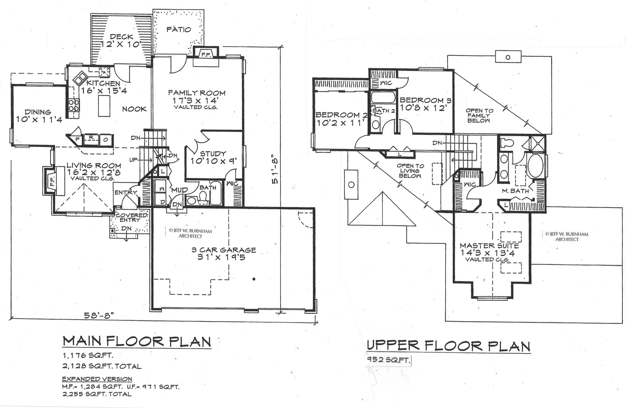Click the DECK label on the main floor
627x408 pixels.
[121, 37]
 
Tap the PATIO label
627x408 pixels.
[179, 30]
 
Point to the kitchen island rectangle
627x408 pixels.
[104, 106]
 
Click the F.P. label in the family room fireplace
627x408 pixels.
[205, 54]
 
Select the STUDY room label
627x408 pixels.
[213, 153]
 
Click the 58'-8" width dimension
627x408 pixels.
[99, 315]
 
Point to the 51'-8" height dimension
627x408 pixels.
[275, 169]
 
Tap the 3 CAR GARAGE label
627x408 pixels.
[224, 250]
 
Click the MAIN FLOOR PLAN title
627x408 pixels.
[137, 341]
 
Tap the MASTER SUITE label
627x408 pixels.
[489, 246]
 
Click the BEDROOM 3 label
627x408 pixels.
[425, 100]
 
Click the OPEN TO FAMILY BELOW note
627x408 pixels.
[479, 116]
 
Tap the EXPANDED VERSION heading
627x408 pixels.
[97, 379]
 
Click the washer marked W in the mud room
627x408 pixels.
[162, 189]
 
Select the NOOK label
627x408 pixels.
[134, 109]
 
